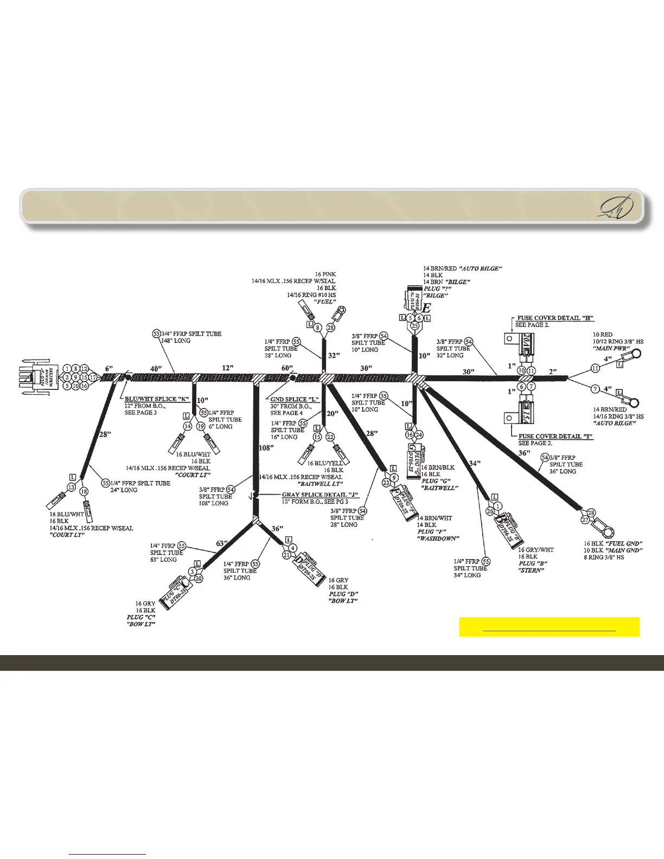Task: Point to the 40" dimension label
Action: click(156, 368)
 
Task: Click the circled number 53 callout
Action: click(156, 334)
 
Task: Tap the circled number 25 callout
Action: click(414, 326)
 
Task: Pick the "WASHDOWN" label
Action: click(438, 539)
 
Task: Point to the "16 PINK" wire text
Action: click(325, 274)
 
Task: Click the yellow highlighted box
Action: click(549, 626)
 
